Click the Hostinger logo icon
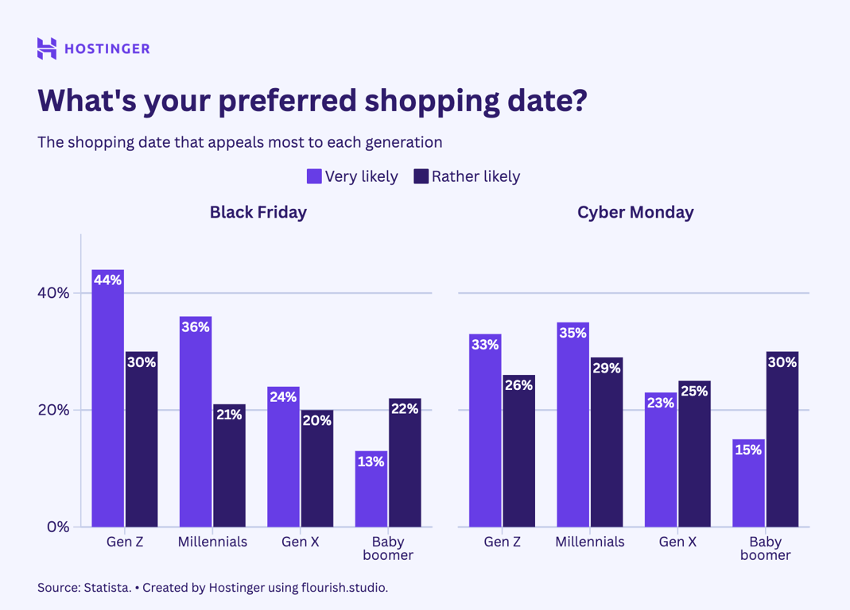47,48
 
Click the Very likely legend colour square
314,176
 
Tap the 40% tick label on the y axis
54,293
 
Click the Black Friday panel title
258,212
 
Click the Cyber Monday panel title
635,212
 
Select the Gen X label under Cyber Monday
677,542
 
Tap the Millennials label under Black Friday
212,542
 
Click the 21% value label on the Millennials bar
229,415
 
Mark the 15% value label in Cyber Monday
748,450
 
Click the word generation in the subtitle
403,143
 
